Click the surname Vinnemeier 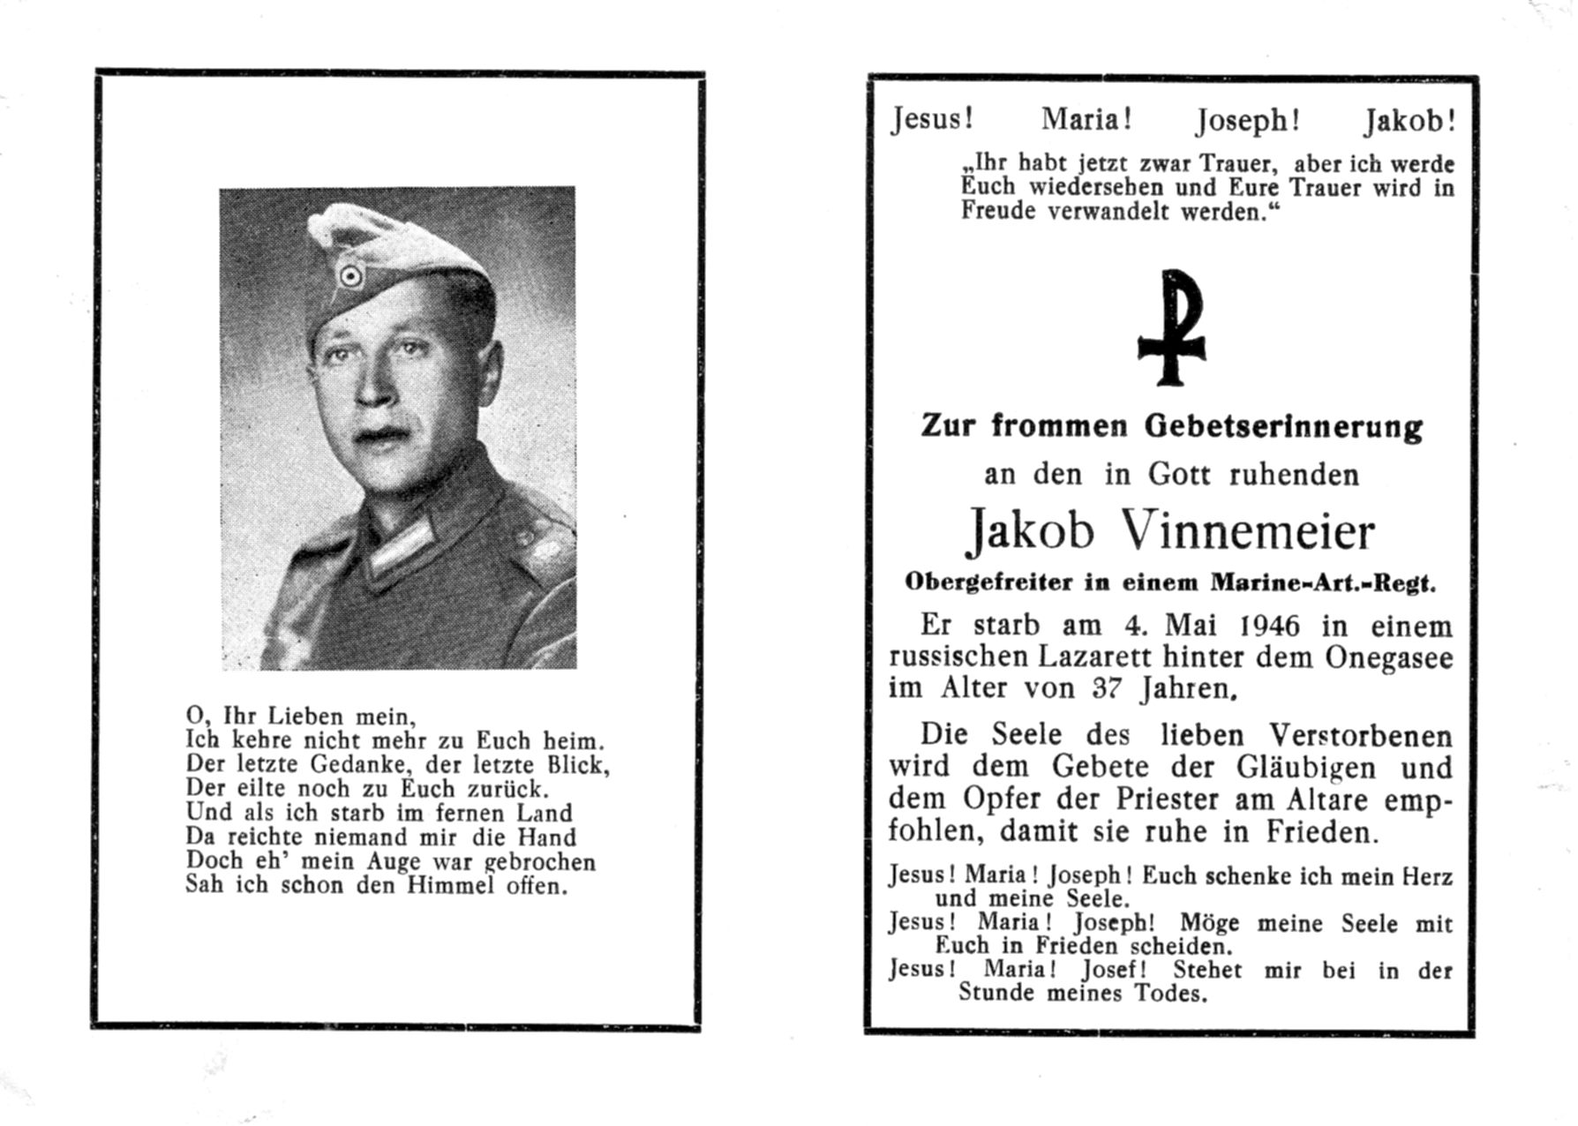tap(1246, 531)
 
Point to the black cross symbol tap(1171, 327)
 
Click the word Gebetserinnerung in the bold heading tap(1283, 427)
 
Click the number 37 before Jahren tap(1110, 688)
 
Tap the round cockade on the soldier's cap tap(351, 277)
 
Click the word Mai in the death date tap(1193, 626)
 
